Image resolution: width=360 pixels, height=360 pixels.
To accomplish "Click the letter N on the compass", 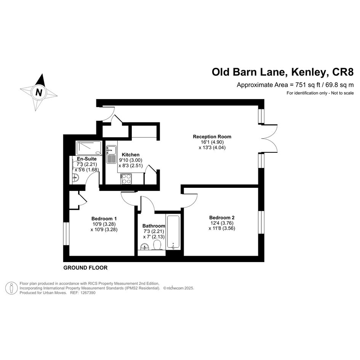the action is [x=39, y=92].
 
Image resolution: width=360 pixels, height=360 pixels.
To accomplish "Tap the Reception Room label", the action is [x=212, y=137].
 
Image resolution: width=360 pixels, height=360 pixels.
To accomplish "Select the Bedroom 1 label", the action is [x=104, y=218].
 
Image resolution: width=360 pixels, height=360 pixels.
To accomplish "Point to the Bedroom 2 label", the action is [x=222, y=218].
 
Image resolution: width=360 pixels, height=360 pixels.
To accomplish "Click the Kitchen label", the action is [x=130, y=155].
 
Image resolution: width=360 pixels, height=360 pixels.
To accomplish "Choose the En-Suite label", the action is [x=86, y=159].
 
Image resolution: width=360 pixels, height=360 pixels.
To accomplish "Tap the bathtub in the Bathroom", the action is [x=173, y=232].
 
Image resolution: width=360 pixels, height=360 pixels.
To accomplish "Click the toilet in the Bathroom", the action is [x=157, y=245].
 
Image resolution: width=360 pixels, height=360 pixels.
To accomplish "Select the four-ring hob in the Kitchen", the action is [x=126, y=179].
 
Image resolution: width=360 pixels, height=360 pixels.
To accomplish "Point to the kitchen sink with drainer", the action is [x=111, y=154].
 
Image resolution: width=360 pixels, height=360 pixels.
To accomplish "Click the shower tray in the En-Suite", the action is [x=89, y=148].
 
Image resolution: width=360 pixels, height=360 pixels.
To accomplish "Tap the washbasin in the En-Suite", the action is [x=75, y=178].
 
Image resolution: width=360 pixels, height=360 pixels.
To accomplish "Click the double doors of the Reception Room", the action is [x=269, y=138].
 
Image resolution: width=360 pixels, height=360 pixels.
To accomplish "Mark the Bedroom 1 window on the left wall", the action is [x=66, y=234].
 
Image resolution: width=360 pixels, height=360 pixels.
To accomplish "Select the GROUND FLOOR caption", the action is [x=85, y=268].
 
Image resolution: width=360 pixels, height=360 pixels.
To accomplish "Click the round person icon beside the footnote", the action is [x=11, y=288].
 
